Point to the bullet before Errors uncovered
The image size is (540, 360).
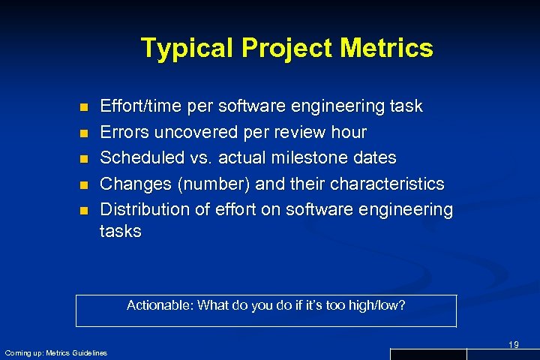pyautogui.click(x=84, y=133)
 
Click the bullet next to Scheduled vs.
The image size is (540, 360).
pyautogui.click(x=84, y=159)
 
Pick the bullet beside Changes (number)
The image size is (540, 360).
pyautogui.click(x=84, y=184)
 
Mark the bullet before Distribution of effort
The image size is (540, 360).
pyautogui.click(x=84, y=210)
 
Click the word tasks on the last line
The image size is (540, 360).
pyautogui.click(x=120, y=231)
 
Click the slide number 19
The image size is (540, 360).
pyautogui.click(x=513, y=344)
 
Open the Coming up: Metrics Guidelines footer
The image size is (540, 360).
pyautogui.click(x=56, y=352)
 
